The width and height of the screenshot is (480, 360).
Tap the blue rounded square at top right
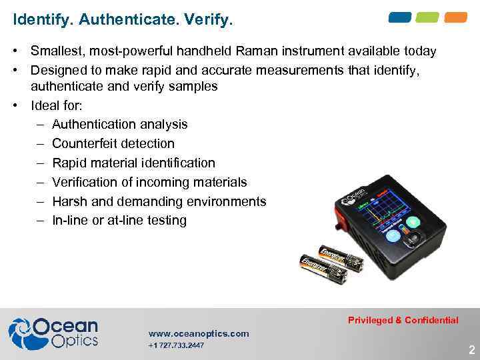pyautogui.click(x=400, y=17)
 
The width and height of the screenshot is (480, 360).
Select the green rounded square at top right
pyautogui.click(x=428, y=17)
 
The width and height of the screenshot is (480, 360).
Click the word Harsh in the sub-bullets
pyautogui.click(x=69, y=201)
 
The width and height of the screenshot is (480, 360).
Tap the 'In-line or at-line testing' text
pyautogui.click(x=119, y=220)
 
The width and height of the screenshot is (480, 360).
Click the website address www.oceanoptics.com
pyautogui.click(x=199, y=333)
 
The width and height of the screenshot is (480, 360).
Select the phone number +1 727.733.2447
pyautogui.click(x=176, y=345)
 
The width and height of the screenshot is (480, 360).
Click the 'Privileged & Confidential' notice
pyautogui.click(x=403, y=320)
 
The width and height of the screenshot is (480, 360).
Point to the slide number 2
pyautogui.click(x=471, y=350)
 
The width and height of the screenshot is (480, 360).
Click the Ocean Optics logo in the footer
pyautogui.click(x=53, y=333)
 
